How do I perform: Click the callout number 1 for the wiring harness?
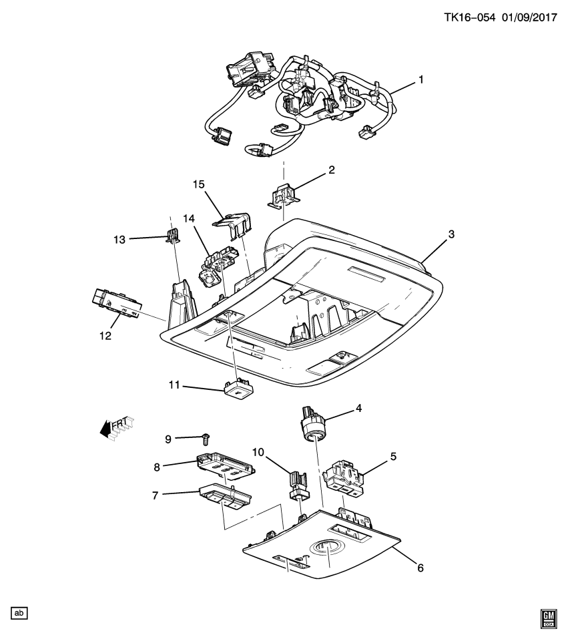click(x=421, y=79)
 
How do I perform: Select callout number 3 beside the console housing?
click(x=451, y=234)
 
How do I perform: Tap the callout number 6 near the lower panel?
click(x=420, y=568)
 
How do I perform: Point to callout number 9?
click(x=168, y=439)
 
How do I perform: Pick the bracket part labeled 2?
click(x=285, y=194)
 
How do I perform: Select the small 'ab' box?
click(x=19, y=612)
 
